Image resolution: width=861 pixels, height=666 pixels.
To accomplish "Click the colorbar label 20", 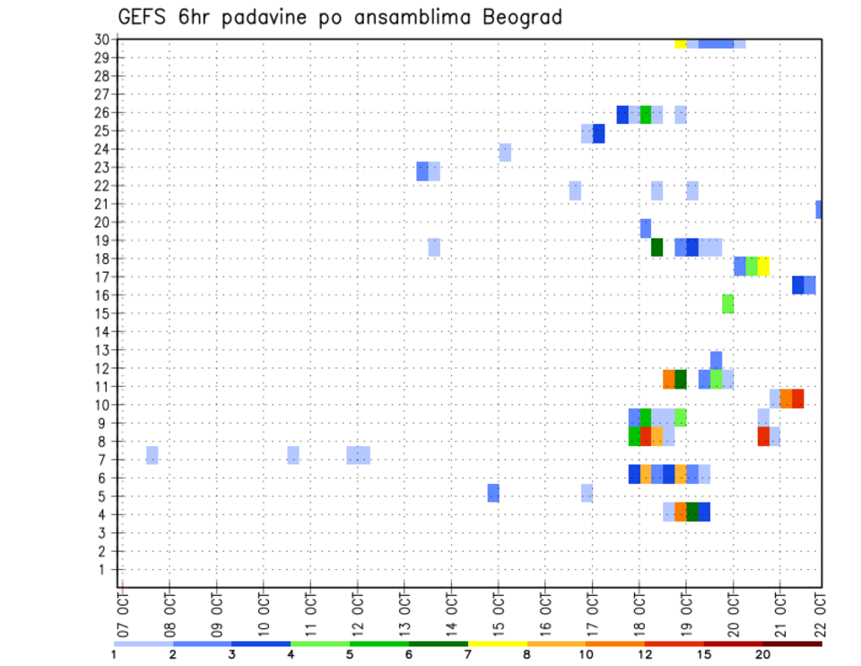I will (x=763, y=655).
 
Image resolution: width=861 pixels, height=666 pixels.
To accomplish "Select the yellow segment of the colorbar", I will (x=497, y=644).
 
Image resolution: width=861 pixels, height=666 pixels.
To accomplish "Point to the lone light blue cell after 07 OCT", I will (x=152, y=455).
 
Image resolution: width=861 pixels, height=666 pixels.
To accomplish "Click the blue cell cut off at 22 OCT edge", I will (x=819, y=209).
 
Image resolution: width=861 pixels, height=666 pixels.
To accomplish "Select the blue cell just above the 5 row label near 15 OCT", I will (x=493, y=493).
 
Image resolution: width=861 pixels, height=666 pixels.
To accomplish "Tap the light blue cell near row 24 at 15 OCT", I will (x=505, y=153).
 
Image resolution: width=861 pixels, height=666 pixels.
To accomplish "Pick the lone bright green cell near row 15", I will (x=727, y=303).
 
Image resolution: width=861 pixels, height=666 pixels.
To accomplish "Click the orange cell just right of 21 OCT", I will (x=786, y=399).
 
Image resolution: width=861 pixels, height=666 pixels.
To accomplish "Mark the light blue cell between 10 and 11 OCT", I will (x=293, y=455).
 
